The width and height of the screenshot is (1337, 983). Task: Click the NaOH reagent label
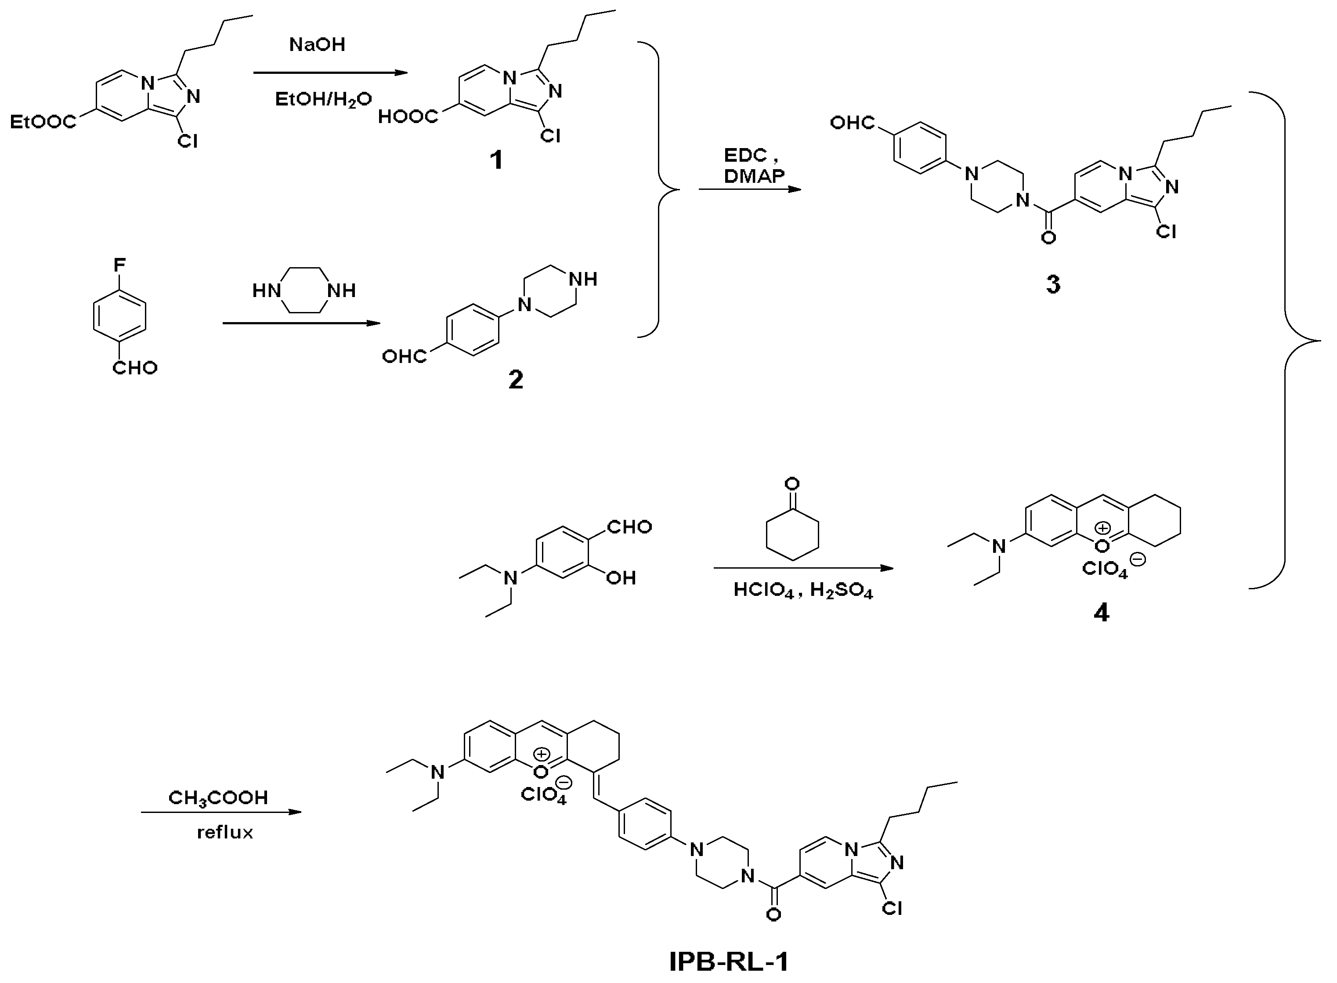pos(317,45)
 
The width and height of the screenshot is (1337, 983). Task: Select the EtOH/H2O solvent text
pos(323,99)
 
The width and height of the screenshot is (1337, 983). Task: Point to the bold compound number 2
pos(516,379)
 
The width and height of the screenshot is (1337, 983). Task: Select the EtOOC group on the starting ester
pos(43,123)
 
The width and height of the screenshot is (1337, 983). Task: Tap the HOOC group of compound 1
pos(408,116)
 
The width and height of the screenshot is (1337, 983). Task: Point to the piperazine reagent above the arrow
pos(304,290)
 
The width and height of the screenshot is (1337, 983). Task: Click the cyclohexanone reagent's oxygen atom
pos(791,483)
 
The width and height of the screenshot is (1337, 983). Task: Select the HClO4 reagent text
pos(763,590)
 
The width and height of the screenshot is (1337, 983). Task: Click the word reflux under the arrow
pos(225,832)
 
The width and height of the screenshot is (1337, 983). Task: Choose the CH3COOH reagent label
pos(218,798)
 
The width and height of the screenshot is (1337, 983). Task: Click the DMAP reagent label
pos(754,175)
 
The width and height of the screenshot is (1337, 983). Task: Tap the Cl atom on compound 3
pos(1166,232)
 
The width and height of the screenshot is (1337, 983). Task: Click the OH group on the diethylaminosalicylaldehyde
pos(621,578)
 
